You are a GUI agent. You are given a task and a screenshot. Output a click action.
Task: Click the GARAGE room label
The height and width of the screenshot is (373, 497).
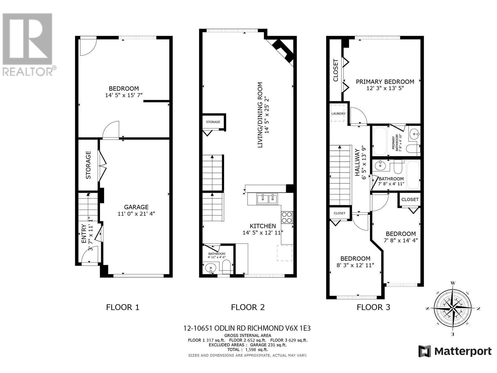pos(136,207)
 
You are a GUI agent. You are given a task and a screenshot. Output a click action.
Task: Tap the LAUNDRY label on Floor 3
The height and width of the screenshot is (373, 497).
pos(339,114)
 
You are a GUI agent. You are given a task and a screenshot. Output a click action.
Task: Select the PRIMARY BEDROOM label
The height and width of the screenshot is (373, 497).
pos(385,82)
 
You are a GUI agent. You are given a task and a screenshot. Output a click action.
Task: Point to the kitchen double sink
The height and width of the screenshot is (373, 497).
pos(267,199)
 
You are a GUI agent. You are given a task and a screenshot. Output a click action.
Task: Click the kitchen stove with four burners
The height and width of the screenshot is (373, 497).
pos(287,217)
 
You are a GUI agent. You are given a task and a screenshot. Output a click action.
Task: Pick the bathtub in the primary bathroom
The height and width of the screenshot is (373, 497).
pos(380,140)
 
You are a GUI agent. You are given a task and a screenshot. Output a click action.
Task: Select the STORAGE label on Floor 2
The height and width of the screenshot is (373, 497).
pos(213,122)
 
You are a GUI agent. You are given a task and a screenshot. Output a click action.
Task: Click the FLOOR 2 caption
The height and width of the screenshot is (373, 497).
pos(248,307)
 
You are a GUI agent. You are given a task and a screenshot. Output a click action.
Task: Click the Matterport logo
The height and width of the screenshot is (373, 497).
pos(455,351)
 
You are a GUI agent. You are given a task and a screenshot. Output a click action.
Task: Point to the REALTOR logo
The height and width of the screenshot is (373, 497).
pos(28,44)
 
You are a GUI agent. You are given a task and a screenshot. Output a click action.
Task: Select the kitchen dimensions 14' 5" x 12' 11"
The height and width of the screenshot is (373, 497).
pos(263,233)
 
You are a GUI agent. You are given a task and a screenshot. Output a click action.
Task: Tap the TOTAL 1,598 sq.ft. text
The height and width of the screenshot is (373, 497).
pos(248,349)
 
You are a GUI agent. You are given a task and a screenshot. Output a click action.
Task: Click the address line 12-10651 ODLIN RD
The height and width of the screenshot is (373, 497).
pos(247,328)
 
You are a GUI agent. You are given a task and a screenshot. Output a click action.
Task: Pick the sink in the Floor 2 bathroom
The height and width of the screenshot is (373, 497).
pos(211,268)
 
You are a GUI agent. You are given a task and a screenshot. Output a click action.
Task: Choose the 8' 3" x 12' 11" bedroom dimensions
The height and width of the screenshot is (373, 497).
pos(355,265)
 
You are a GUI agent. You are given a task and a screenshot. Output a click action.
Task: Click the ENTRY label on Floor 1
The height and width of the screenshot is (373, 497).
pos(84,233)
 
